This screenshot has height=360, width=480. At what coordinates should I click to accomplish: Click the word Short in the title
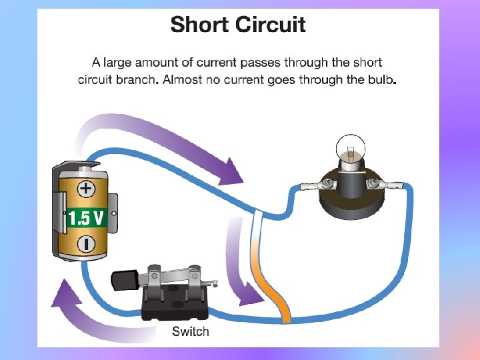(x=199, y=25)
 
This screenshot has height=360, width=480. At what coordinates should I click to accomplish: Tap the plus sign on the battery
(x=86, y=189)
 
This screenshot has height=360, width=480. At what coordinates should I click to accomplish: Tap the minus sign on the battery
(x=86, y=243)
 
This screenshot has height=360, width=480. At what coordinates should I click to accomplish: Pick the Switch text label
(x=190, y=331)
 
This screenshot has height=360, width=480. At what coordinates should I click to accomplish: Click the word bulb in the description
(x=380, y=80)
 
